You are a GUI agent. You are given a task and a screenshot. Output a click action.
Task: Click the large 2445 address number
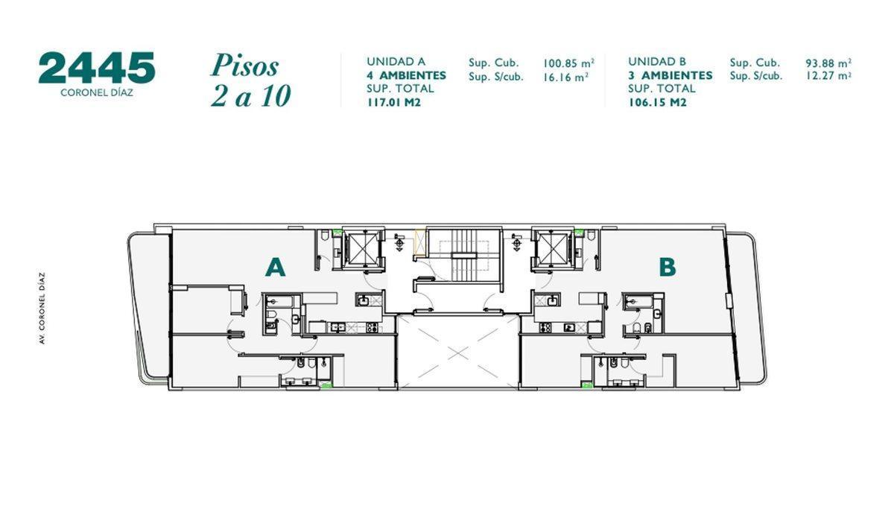pyautogui.click(x=96, y=69)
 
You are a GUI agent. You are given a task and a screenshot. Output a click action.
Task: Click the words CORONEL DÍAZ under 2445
pyautogui.click(x=96, y=94)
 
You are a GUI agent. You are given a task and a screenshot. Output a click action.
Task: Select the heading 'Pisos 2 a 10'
pyautogui.click(x=250, y=80)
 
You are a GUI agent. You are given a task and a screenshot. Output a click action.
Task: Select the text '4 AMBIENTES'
pyautogui.click(x=406, y=75)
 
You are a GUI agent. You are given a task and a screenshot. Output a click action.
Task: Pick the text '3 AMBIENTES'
pyautogui.click(x=670, y=75)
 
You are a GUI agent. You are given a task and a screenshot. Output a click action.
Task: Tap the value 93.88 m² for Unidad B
pyautogui.click(x=828, y=63)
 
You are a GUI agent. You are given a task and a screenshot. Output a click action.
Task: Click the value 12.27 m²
pyautogui.click(x=828, y=75)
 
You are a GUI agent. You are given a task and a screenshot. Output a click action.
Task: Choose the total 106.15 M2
pyautogui.click(x=657, y=103)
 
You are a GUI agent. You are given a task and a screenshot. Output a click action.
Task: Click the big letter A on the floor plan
pyautogui.click(x=276, y=268)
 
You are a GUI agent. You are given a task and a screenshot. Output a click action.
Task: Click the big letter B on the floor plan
pyautogui.click(x=667, y=267)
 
